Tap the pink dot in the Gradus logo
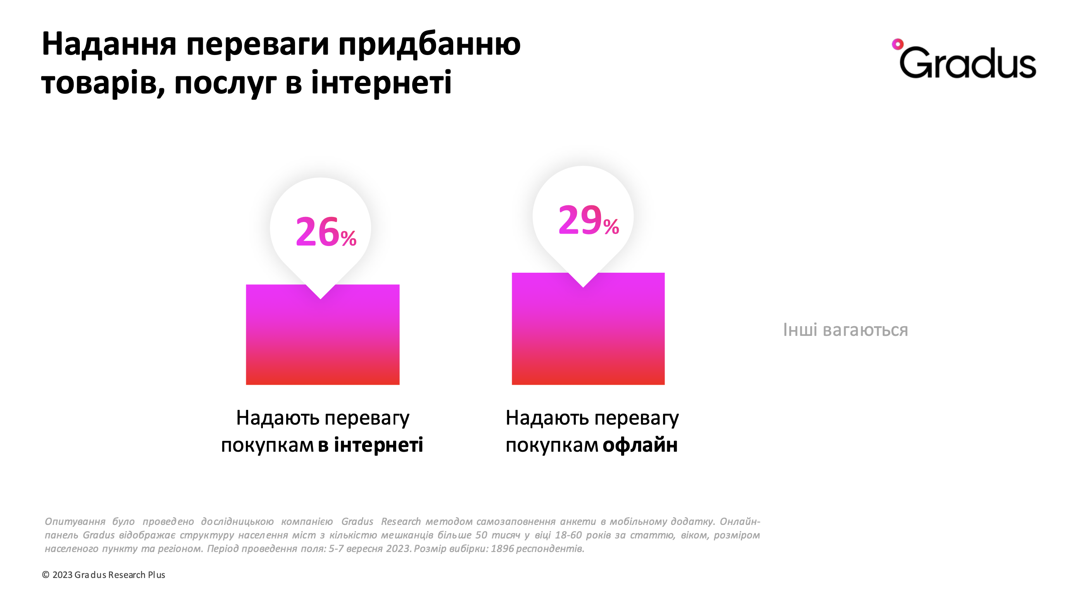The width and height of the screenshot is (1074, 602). [897, 44]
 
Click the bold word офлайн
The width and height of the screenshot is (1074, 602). [640, 445]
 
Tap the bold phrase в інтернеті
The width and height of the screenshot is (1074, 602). [370, 445]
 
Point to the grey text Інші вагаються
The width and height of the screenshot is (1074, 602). [845, 330]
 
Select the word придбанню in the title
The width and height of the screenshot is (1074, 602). [430, 45]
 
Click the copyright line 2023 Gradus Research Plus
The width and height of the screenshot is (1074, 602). [109, 574]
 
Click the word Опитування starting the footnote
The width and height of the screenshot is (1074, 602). [75, 521]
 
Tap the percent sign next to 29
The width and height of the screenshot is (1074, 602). [611, 227]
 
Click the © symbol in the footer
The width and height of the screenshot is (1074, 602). [45, 574]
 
